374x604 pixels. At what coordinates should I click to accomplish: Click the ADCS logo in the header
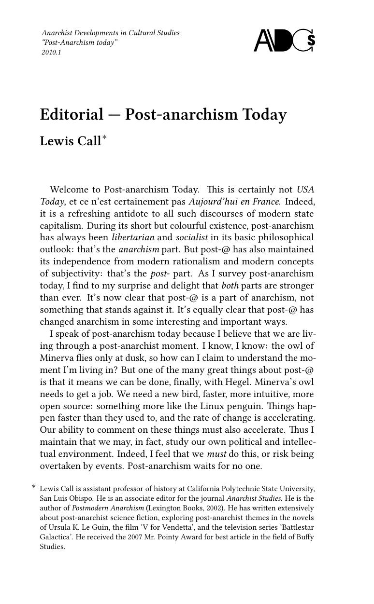click(285, 41)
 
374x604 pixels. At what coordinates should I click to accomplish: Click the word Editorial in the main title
click(72, 115)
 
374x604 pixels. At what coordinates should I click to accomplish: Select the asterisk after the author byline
click(104, 138)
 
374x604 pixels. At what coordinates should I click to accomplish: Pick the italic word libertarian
click(133, 237)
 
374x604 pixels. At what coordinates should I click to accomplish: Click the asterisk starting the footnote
click(34, 487)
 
